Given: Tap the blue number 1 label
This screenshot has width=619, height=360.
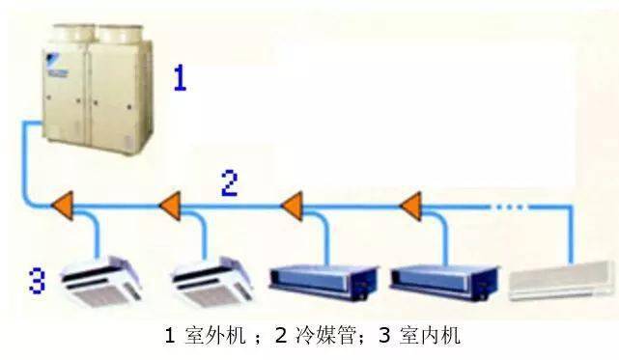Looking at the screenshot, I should point(179,76).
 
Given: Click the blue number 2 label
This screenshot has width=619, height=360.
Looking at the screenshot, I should point(229,183).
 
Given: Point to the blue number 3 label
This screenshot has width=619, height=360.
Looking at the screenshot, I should point(37,283).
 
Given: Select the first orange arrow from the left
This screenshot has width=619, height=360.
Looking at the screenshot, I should point(64,205).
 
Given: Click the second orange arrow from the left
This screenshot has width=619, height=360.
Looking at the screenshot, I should point(170,205).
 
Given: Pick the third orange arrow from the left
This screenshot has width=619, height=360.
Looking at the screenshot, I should point(292,205).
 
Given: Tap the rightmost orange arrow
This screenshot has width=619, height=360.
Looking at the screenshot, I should point(410,205).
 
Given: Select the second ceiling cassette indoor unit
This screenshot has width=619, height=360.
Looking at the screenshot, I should point(212,280).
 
